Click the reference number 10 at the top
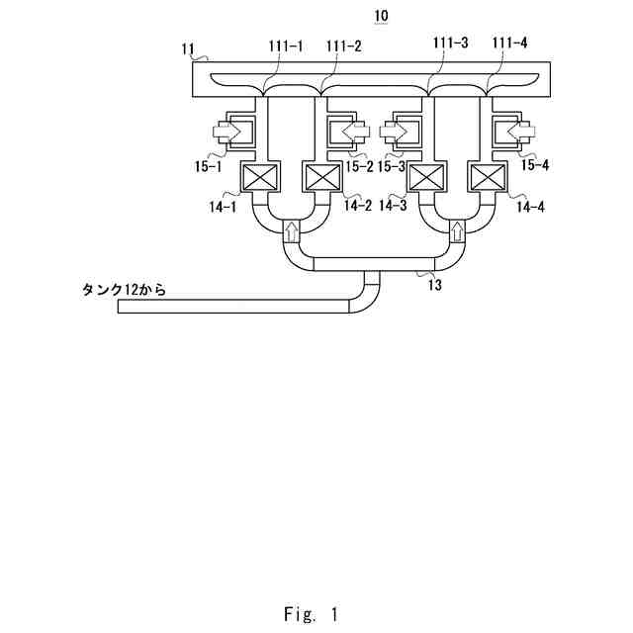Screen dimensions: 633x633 382,16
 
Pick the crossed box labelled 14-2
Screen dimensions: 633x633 321,180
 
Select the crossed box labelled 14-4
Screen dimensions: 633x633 487,180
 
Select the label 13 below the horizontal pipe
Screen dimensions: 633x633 434,284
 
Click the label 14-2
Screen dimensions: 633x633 357,205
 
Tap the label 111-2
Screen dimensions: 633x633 343,46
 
